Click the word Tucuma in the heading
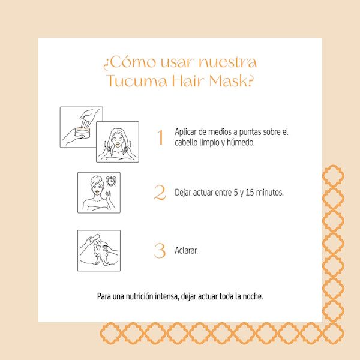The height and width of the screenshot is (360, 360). coord(137,81)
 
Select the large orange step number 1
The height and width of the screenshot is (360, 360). coord(160,137)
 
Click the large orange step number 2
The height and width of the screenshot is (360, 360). coord(160,193)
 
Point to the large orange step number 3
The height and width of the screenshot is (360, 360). coord(160,250)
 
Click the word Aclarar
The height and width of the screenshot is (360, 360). coord(186,250)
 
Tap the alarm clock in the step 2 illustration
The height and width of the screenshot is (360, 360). coord(111,181)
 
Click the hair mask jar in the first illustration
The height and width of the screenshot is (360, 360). coord(82,133)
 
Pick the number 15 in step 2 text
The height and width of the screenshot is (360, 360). coord(250,193)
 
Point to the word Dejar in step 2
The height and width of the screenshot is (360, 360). coord(183,193)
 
